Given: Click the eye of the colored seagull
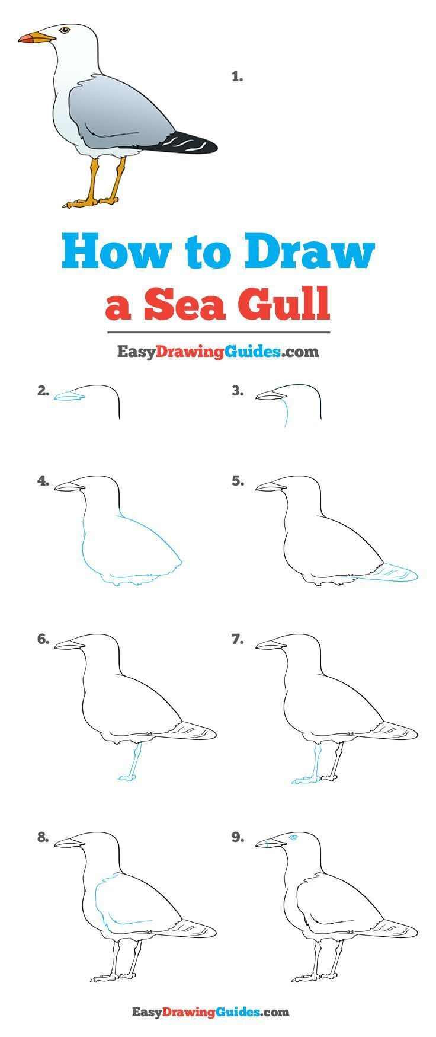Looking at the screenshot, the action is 65,30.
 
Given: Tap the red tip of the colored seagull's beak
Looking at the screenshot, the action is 24,39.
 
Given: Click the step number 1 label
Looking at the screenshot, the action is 238,76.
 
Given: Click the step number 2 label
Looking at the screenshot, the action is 43,390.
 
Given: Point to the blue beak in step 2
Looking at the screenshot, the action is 69,396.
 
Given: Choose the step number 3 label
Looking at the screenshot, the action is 238,390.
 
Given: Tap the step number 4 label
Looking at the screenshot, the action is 43,481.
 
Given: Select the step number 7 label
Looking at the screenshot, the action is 238,640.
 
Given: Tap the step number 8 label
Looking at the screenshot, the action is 43,837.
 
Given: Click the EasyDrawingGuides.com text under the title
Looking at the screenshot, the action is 217,352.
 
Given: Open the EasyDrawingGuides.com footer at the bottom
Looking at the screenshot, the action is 210,1012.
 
